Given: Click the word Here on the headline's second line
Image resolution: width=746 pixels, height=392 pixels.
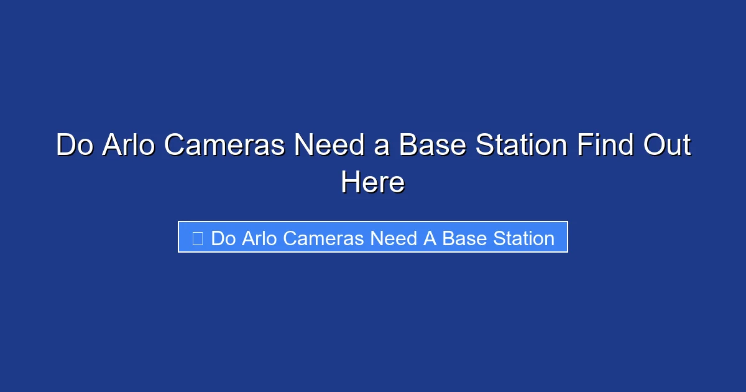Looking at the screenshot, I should click(372, 183).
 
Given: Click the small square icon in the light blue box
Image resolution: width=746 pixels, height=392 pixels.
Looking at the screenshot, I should click(198, 238).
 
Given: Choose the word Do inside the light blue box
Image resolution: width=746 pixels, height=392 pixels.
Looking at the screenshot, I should click(224, 238).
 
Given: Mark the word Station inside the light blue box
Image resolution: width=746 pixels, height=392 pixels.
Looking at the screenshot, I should click(523, 238).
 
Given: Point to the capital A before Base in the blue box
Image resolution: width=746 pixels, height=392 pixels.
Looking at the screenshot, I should click(430, 238).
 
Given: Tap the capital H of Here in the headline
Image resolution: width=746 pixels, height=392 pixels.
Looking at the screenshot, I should click(349, 183).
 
